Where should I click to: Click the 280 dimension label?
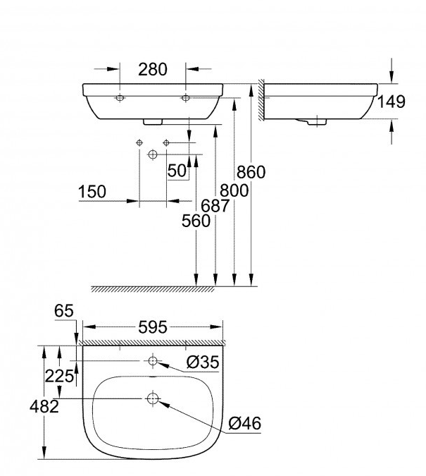tap(152, 68)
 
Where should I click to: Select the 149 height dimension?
tap(391, 102)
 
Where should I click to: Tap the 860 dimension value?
tap(251, 172)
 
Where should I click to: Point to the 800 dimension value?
tap(233, 190)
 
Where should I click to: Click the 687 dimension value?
tap(215, 206)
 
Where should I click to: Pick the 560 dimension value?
tap(196, 221)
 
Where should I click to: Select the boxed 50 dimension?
tap(177, 170)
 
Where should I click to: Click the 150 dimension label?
tap(92, 191)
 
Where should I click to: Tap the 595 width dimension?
tap(152, 327)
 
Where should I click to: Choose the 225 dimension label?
tap(59, 376)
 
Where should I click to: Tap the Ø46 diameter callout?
tap(245, 423)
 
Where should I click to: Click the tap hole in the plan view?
tap(153, 362)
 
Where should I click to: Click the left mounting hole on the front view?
tap(120, 97)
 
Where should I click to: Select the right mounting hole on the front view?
tap(186, 97)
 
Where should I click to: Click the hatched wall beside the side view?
tap(261, 99)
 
